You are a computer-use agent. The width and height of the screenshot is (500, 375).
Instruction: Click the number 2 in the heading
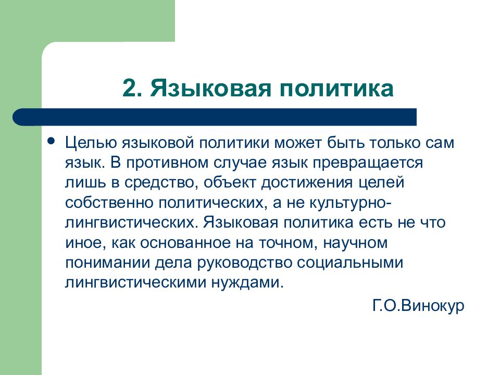129,89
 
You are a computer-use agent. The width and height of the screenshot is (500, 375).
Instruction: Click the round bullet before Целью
51,141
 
